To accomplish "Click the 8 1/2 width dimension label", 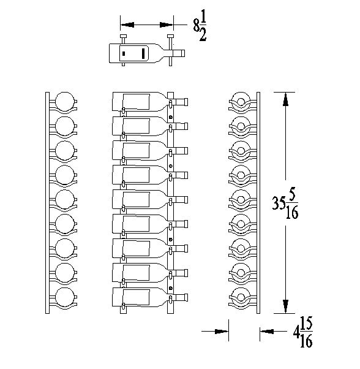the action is [200, 29].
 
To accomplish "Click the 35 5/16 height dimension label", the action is [285, 204].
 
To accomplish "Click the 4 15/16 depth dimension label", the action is [303, 332].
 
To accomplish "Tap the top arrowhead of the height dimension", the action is [285, 99].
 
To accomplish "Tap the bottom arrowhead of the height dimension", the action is [285, 306].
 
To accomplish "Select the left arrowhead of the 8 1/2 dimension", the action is [127, 25].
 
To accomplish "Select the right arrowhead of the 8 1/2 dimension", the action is [167, 25].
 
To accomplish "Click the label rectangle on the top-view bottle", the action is [134, 53].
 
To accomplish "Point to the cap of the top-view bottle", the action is [182, 53].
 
